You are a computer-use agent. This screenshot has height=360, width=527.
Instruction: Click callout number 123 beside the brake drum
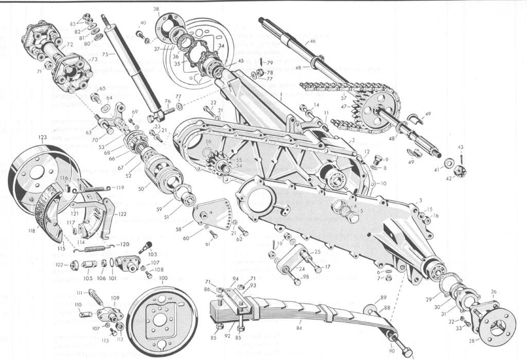coord(42,137)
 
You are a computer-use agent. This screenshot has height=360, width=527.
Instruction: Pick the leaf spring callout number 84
coord(300,328)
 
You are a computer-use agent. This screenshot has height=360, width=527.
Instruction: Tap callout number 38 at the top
coord(156,9)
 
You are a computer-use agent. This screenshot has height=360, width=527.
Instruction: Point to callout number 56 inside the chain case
coord(208,141)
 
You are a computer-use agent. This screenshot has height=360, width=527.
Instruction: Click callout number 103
coord(152,254)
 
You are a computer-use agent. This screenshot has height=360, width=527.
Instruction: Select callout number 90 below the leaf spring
coord(392,351)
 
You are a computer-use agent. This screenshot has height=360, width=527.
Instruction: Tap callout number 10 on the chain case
coord(383,183)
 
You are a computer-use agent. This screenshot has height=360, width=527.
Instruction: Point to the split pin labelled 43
coord(462,157)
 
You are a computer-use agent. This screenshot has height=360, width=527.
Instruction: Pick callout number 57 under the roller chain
coord(344,97)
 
